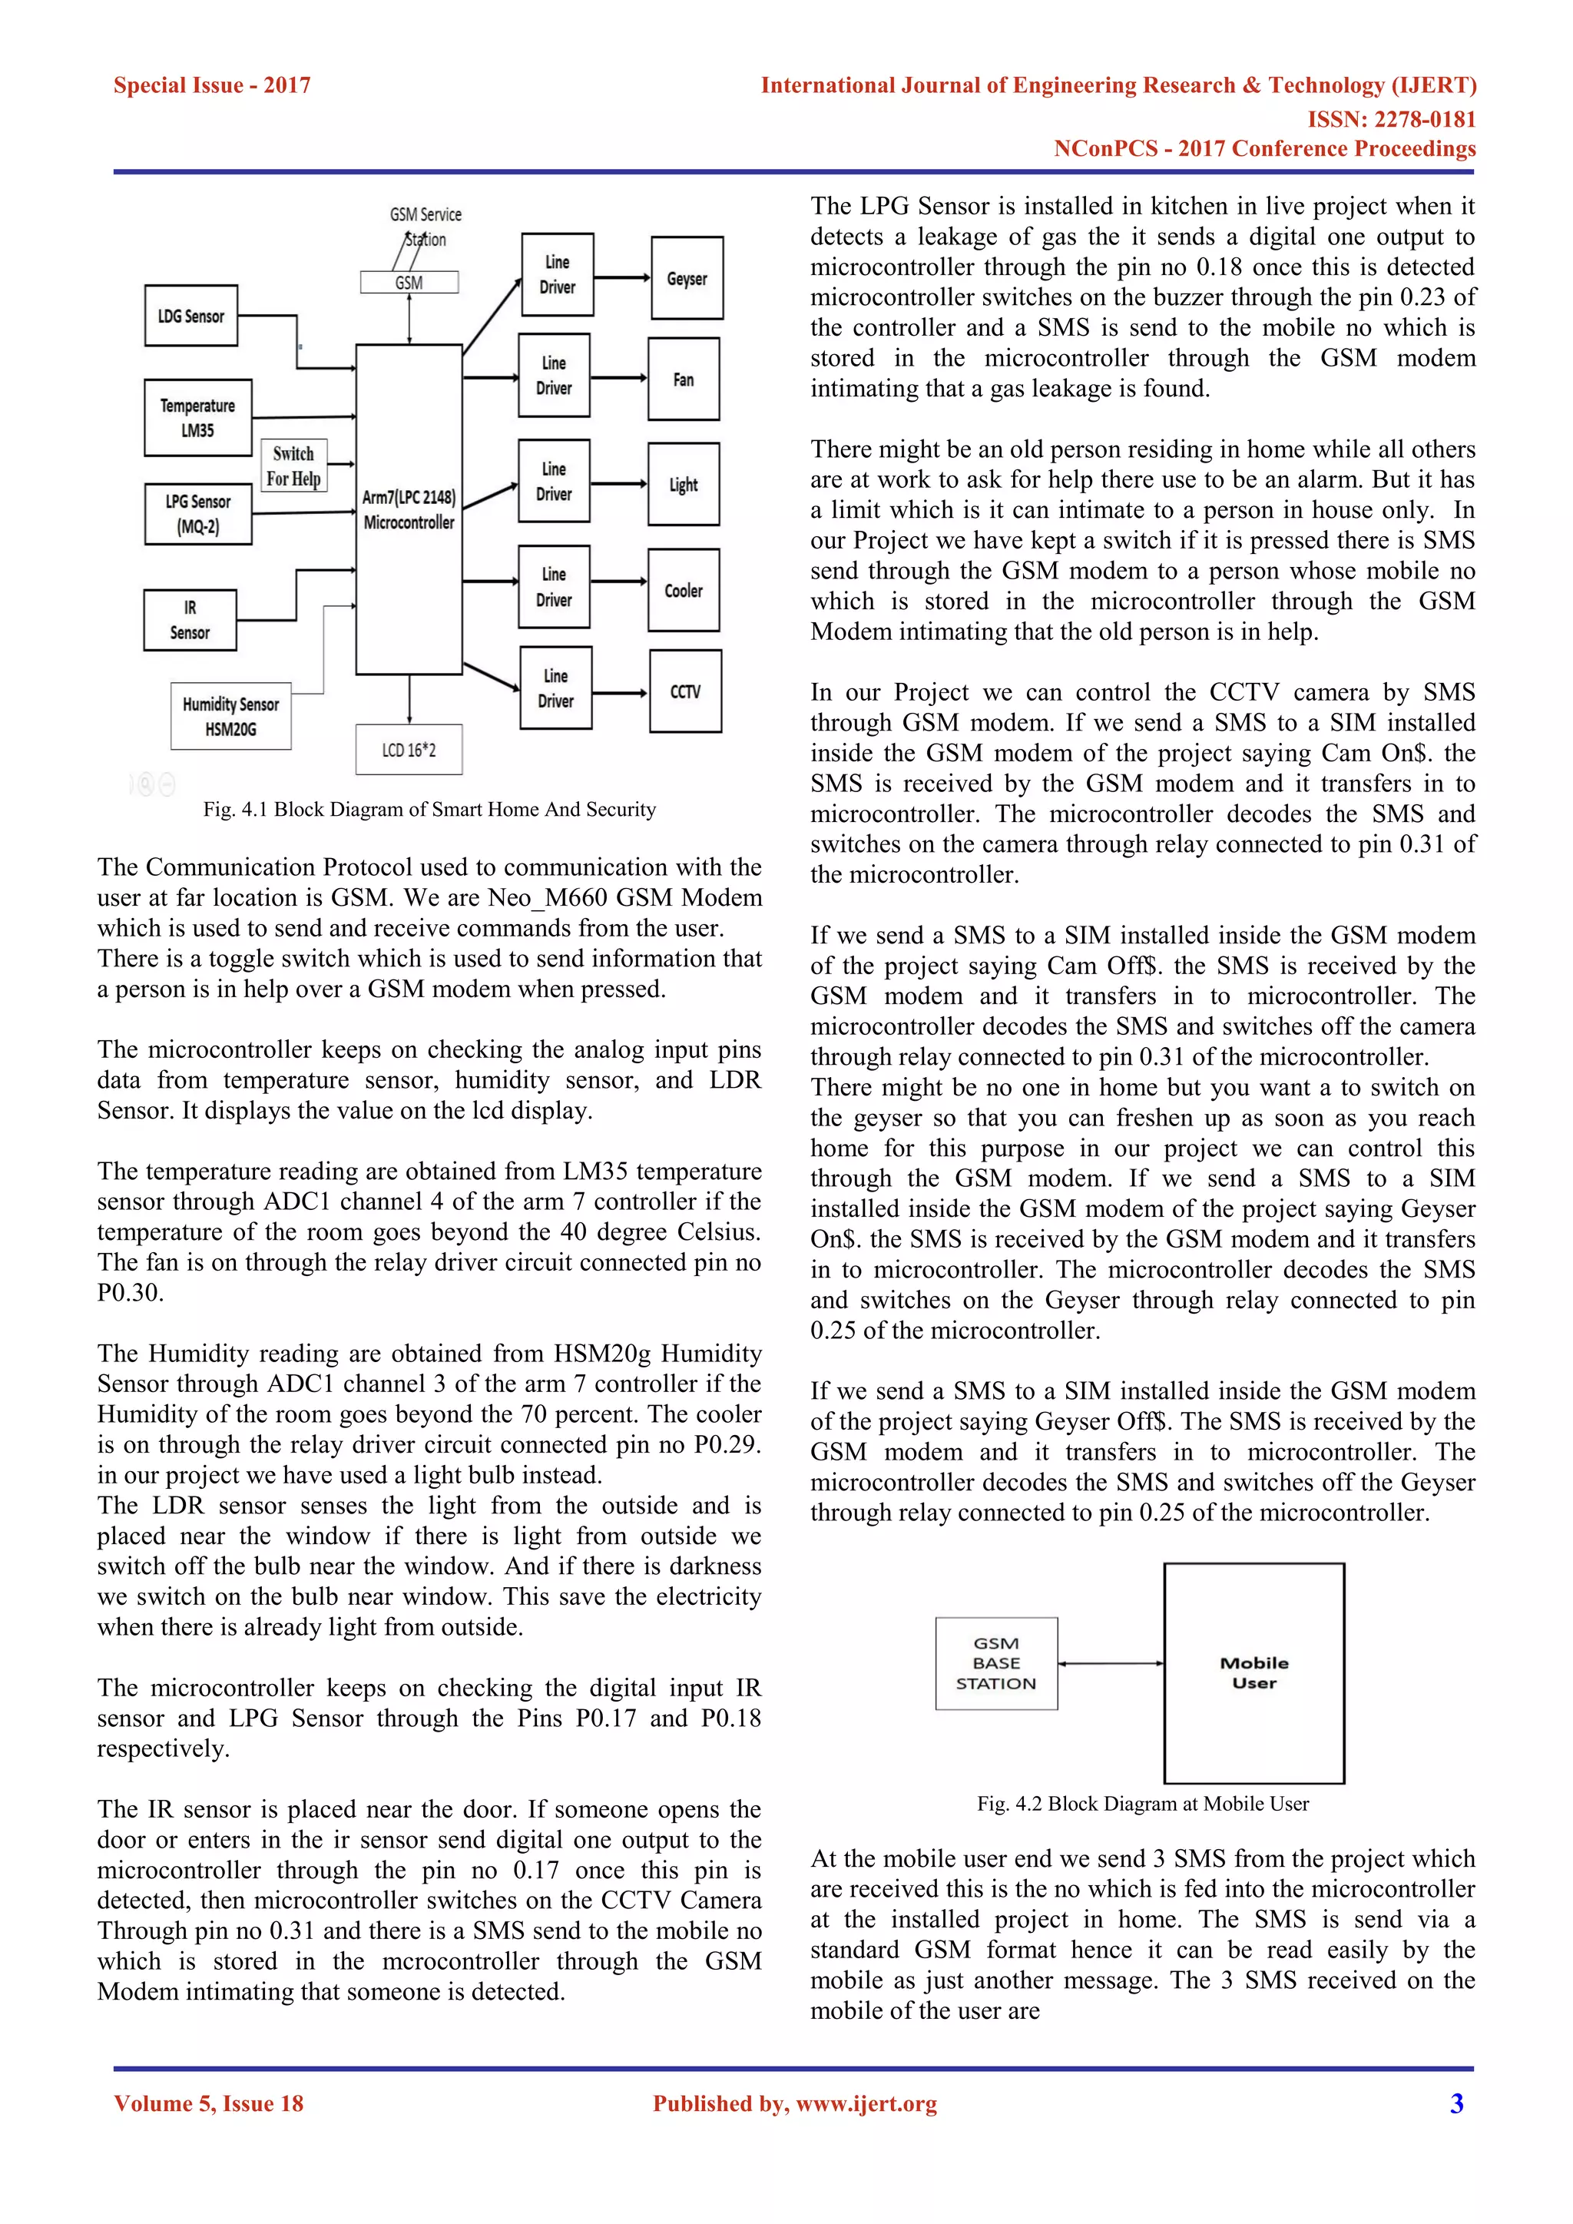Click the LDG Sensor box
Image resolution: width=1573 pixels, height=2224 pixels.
tap(190, 316)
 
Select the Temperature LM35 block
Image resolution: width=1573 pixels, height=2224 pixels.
tap(197, 417)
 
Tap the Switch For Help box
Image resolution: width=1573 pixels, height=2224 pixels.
tap(293, 466)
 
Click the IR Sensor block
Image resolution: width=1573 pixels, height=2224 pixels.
tap(190, 620)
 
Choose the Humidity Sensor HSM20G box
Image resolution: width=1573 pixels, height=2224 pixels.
tap(230, 717)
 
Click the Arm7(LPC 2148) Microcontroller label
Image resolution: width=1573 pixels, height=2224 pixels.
tap(409, 509)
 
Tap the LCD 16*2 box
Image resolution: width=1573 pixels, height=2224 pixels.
tap(409, 750)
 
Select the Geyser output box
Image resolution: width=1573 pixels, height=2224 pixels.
tap(687, 278)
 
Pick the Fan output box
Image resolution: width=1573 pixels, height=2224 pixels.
tap(684, 380)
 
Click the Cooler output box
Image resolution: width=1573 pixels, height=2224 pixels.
tap(684, 590)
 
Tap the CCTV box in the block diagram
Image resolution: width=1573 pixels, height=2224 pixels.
tap(685, 691)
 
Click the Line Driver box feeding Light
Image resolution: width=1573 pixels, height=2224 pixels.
tap(554, 482)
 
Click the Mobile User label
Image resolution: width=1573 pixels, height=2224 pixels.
tap(1254, 1673)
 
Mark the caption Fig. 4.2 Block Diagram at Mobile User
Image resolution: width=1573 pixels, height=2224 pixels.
tap(1143, 1804)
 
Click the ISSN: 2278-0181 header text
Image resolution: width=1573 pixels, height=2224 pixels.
tap(1391, 119)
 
